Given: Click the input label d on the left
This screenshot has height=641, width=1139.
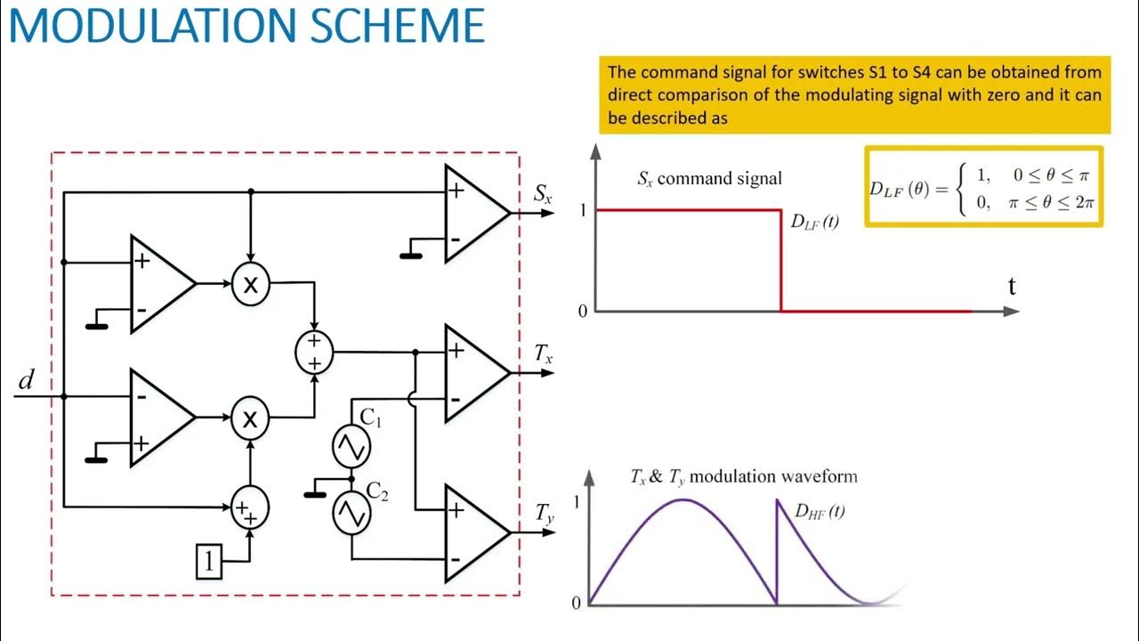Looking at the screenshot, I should tap(27, 381).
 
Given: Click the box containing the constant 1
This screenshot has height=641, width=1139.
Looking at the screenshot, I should tap(208, 561).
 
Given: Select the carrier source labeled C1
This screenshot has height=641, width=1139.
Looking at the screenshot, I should tap(351, 447).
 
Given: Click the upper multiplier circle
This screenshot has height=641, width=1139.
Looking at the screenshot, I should tap(250, 284).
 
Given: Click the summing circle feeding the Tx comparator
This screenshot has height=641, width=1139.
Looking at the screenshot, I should tap(313, 352).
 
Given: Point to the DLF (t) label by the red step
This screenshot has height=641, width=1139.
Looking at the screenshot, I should tap(814, 223).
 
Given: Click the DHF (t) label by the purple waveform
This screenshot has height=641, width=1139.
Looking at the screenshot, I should tap(819, 511).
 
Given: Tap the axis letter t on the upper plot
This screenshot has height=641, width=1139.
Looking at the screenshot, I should tap(1012, 287).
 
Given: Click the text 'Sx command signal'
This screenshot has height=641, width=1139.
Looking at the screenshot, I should tap(709, 178).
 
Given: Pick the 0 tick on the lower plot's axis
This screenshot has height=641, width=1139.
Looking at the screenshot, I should tap(577, 603).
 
